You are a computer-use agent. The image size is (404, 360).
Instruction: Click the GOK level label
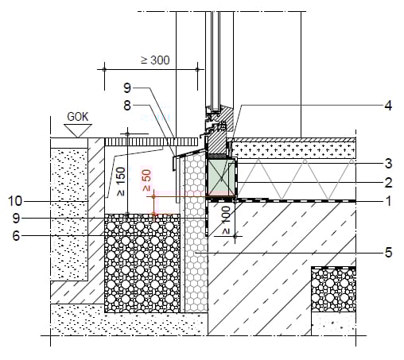77,117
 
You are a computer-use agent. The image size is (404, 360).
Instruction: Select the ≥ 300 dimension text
155,60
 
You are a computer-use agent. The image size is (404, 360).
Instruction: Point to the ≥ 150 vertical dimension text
121,182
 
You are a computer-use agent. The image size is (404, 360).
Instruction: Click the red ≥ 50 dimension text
147,180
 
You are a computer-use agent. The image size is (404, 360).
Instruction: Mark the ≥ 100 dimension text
226,221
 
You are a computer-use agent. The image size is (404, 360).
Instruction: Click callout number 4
388,106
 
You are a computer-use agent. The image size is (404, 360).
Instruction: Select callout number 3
388,164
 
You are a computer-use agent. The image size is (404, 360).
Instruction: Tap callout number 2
388,183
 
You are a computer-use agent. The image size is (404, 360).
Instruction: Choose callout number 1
389,201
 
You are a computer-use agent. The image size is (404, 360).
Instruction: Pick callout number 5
388,253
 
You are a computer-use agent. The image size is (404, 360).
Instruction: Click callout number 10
15,201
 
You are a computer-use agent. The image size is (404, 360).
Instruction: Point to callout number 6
16,235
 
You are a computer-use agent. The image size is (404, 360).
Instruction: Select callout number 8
127,106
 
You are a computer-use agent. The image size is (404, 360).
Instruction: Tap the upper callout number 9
127,87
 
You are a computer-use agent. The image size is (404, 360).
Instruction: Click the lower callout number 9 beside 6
16,218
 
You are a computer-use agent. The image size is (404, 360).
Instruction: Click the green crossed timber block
221,177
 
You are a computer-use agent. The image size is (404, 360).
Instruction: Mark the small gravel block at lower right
333,290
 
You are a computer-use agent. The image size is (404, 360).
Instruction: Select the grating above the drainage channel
151,141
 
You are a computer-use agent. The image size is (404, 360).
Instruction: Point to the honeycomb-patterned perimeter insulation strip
196,233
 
